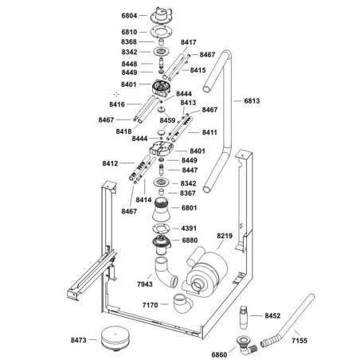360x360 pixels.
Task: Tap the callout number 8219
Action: click(x=225, y=237)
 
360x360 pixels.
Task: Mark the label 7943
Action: click(x=145, y=284)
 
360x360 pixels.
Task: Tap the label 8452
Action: click(x=271, y=315)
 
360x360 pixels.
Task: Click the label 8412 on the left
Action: click(x=111, y=163)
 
